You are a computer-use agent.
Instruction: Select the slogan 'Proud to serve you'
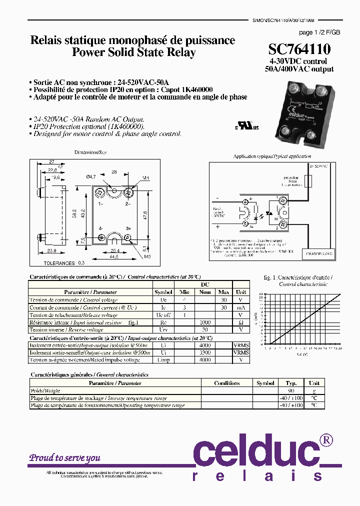pyautogui.click(x=64, y=457)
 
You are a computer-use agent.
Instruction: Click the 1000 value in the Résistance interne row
pyautogui.click(x=205, y=322)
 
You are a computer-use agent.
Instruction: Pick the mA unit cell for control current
pyautogui.click(x=240, y=307)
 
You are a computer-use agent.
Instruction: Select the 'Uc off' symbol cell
pyautogui.click(x=163, y=315)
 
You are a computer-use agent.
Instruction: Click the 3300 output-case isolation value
pyautogui.click(x=205, y=352)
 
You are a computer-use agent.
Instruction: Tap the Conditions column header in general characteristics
pyautogui.click(x=226, y=383)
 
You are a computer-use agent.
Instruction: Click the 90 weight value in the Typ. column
pyautogui.click(x=291, y=390)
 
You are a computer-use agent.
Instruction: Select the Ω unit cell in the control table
pyautogui.click(x=240, y=322)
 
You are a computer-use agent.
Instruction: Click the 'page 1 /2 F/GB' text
pyautogui.click(x=319, y=32)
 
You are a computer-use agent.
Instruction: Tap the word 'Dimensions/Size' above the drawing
pyautogui.click(x=90, y=152)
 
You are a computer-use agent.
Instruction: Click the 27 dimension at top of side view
pyautogui.click(x=51, y=161)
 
